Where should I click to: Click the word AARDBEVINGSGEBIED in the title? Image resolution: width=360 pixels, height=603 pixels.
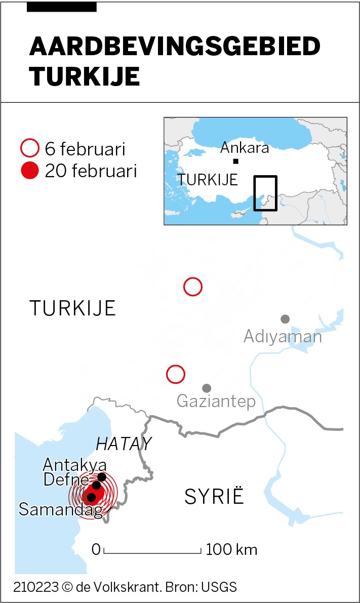(x=175, y=47)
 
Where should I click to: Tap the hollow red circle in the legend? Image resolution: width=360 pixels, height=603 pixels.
(x=29, y=149)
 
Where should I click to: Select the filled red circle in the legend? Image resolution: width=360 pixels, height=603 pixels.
(x=29, y=171)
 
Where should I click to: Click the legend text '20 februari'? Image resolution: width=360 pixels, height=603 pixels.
(x=91, y=171)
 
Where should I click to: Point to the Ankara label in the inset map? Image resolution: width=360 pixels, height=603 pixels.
(x=245, y=148)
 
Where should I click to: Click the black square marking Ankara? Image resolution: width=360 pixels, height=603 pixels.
(x=235, y=162)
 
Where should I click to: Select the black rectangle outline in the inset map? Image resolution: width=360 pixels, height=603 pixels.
(x=265, y=193)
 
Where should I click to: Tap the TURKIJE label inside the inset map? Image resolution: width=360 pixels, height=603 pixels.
(x=208, y=180)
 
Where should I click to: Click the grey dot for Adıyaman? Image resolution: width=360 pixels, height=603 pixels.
(x=285, y=319)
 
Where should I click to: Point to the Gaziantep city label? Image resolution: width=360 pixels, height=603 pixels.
(x=216, y=401)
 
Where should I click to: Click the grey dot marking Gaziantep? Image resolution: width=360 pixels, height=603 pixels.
(x=207, y=388)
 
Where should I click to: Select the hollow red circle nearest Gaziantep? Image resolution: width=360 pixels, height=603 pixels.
(x=176, y=375)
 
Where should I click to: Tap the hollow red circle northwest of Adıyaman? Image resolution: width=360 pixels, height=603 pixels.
(x=193, y=287)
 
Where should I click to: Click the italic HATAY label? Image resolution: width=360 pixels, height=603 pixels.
(x=124, y=444)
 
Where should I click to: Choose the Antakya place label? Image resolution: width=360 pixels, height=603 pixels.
(x=74, y=465)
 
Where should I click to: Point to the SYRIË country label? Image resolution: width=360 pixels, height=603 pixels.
(x=214, y=497)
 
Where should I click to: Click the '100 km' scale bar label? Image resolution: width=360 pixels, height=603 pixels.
(x=231, y=549)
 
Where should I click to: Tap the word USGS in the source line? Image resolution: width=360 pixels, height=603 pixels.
(x=219, y=587)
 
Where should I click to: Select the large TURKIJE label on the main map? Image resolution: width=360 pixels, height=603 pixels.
(x=73, y=308)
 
